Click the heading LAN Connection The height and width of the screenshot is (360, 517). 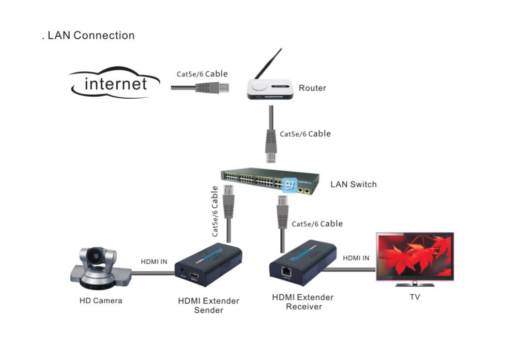click(91, 35)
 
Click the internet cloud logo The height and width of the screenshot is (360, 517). click(115, 83)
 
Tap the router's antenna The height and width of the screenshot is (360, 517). click(268, 64)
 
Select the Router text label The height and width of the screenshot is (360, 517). click(312, 88)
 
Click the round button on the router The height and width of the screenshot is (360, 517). click(259, 86)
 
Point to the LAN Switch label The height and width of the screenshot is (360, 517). click(354, 185)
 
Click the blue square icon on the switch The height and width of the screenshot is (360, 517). click(290, 185)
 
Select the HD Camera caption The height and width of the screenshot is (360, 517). click(101, 301)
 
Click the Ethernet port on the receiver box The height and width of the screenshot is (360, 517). click(286, 271)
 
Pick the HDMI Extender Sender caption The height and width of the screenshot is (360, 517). click(209, 306)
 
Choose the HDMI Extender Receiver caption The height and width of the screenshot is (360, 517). click(303, 302)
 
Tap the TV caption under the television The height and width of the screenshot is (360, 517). click(415, 297)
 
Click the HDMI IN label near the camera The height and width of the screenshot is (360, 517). click(154, 262)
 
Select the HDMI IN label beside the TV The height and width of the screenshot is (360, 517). click(356, 258)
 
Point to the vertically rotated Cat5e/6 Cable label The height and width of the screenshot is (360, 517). click(215, 212)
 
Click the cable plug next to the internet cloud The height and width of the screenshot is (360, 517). click(212, 88)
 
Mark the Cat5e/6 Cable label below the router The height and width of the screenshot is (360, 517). click(306, 133)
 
